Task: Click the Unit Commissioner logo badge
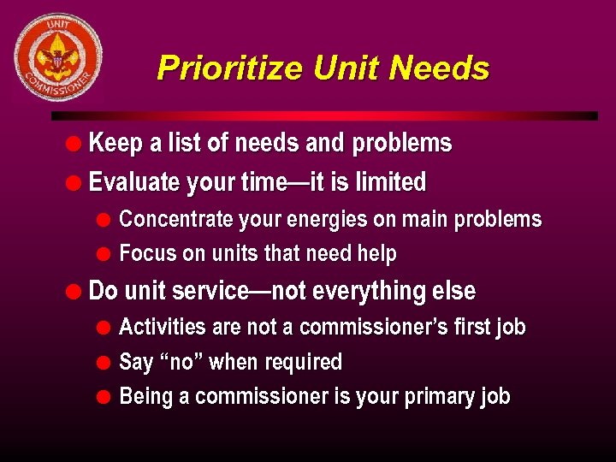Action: click(x=57, y=57)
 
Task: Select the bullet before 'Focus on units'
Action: click(x=104, y=254)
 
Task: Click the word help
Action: click(x=376, y=254)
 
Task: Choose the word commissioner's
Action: click(x=371, y=328)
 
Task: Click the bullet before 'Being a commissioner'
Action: click(x=104, y=397)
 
